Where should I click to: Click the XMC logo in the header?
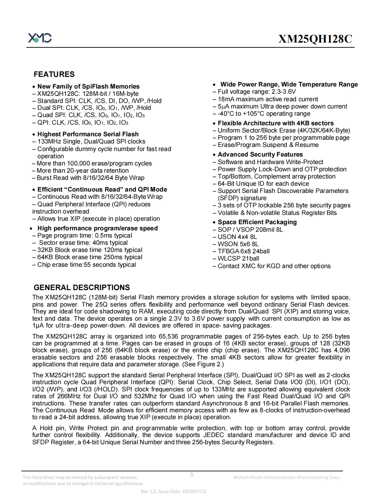point(40,38)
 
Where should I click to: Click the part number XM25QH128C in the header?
point(315,39)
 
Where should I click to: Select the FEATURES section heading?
point(54,74)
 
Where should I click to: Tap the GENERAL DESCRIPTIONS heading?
point(82,287)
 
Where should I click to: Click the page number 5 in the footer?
point(192,474)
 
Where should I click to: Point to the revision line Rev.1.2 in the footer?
point(174,491)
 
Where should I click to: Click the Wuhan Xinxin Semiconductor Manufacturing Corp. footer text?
point(286,477)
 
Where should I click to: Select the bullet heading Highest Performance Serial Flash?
point(88,134)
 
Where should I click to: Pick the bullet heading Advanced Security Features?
point(260,154)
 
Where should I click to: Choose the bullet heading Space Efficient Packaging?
point(257,222)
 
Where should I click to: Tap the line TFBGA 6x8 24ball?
point(243,251)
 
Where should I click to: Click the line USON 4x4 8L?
point(237,237)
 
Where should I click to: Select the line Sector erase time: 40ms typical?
point(83,243)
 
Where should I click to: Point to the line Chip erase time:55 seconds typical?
point(86,265)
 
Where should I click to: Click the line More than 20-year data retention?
point(82,171)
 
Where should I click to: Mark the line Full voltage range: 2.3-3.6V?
point(256,92)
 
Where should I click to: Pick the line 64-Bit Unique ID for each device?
point(263,184)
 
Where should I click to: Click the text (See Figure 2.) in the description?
point(203,364)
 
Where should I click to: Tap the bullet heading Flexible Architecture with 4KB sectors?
point(275,123)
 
